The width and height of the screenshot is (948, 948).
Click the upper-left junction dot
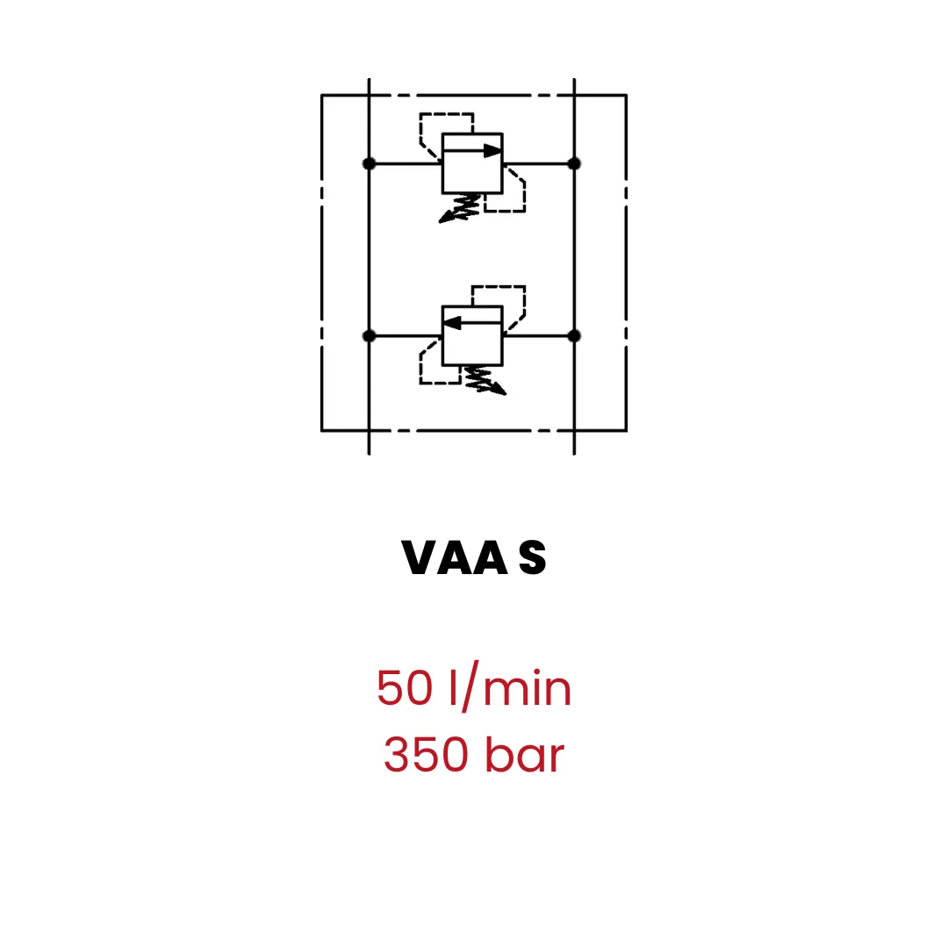pos(369,164)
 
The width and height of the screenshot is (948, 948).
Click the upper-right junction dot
pos(574,164)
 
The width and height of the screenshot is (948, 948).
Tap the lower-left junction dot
pos(369,336)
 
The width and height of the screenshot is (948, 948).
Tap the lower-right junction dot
pos(574,336)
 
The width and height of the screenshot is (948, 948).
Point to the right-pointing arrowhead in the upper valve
pos(492,151)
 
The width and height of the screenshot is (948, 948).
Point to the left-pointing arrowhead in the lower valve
pos(452,323)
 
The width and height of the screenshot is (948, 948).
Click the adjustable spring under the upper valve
pos(460,208)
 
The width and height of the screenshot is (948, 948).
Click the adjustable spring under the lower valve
pos(485,380)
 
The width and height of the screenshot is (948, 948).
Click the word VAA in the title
pos(455,557)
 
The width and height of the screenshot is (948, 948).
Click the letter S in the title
pos(533,557)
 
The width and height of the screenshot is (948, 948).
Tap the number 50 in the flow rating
pos(405,688)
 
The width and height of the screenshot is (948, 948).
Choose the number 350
pos(427,755)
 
